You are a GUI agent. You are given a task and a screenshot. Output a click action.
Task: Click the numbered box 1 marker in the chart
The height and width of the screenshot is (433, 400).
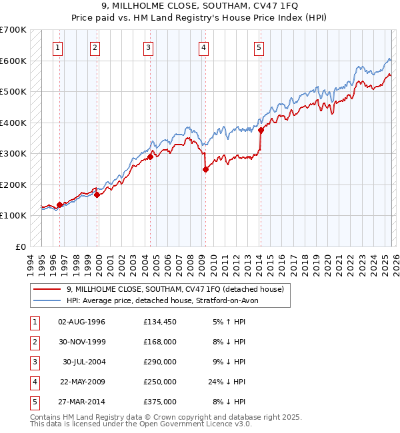coord(59,47)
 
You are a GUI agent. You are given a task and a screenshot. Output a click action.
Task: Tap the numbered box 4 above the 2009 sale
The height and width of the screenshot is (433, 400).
coord(203,47)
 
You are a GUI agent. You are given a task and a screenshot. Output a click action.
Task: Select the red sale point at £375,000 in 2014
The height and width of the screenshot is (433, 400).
coord(261,131)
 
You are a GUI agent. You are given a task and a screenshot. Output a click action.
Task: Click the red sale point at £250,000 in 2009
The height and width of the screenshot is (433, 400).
coord(205,169)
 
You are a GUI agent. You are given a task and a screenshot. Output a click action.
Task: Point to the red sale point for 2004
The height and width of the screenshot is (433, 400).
coord(151,157)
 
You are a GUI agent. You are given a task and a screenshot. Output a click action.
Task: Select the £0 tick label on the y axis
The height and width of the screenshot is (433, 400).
coord(21,246)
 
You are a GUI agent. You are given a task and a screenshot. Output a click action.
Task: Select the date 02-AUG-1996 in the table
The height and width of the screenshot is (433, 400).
coord(82,322)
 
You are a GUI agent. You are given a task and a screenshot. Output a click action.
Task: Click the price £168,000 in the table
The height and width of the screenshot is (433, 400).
coord(160,342)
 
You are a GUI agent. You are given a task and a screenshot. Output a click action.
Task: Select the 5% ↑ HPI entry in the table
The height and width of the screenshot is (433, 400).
coord(229,322)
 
